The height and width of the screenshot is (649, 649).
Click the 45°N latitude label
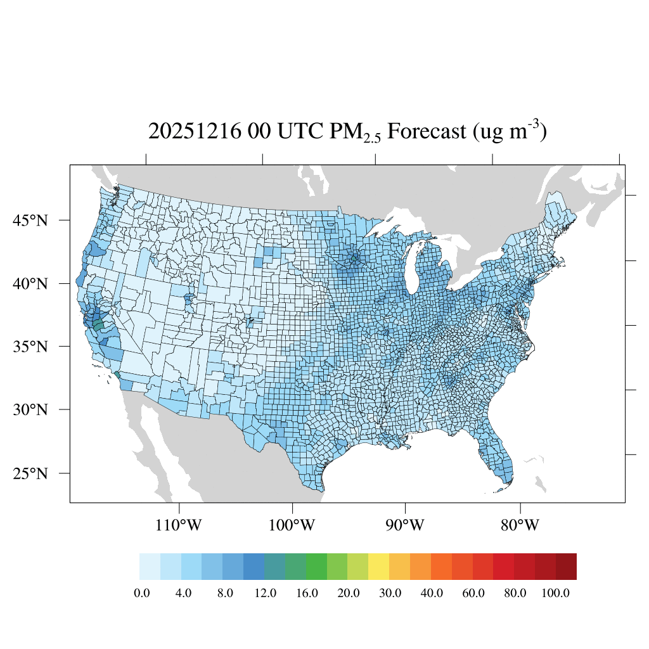pyautogui.click(x=30, y=221)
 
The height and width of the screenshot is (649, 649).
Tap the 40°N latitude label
pyautogui.click(x=30, y=283)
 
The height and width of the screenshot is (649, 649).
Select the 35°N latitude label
pyautogui.click(x=30, y=347)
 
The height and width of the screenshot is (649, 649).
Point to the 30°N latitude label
pyautogui.click(x=30, y=409)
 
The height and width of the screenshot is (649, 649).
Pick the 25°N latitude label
pyautogui.click(x=30, y=473)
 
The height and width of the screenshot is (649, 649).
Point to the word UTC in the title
pyautogui.click(x=295, y=132)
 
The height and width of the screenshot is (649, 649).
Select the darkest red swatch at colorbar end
pyautogui.click(x=566, y=567)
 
